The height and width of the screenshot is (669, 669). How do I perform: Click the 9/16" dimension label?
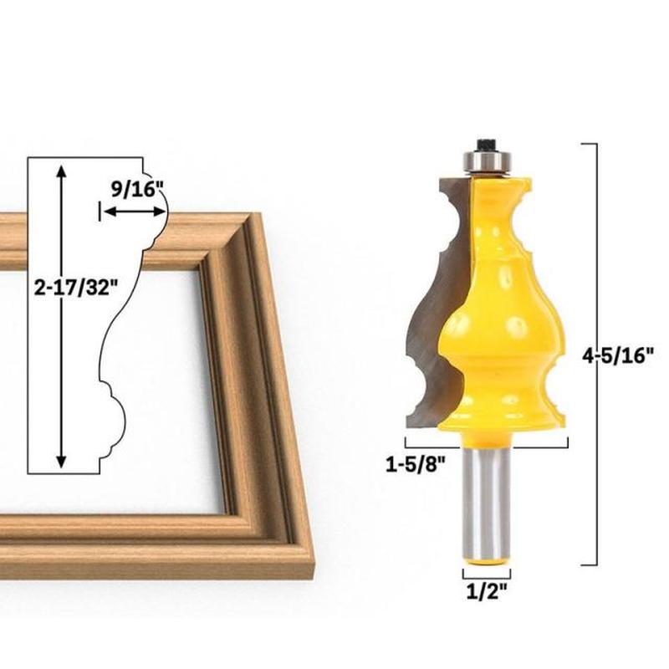(137, 189)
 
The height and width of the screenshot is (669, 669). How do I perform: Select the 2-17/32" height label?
(75, 289)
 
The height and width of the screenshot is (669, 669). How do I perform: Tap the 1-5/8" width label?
(416, 464)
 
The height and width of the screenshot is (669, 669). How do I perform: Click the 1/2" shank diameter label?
(487, 591)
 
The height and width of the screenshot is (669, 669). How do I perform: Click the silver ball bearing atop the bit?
(487, 162)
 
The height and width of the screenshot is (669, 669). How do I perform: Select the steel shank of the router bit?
(487, 503)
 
